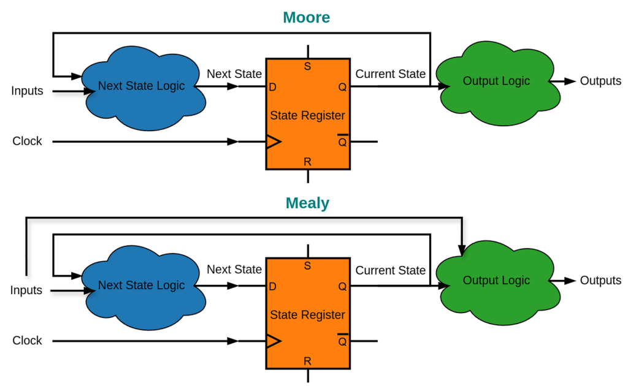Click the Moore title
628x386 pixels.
(306, 17)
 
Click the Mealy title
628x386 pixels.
(307, 203)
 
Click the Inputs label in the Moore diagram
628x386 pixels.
(27, 91)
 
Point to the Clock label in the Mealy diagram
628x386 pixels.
(27, 341)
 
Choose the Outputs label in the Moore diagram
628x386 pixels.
(600, 81)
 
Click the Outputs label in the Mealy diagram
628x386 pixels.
(600, 281)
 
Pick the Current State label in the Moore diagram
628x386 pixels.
(390, 74)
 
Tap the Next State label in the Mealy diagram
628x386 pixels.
(234, 270)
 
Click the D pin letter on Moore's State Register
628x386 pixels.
(273, 88)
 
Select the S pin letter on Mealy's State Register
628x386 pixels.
(307, 266)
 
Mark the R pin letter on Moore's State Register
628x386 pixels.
(307, 162)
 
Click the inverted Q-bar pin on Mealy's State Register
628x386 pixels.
(342, 341)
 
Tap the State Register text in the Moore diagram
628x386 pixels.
(307, 115)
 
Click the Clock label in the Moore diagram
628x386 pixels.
(27, 142)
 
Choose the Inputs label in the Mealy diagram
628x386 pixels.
(26, 290)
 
